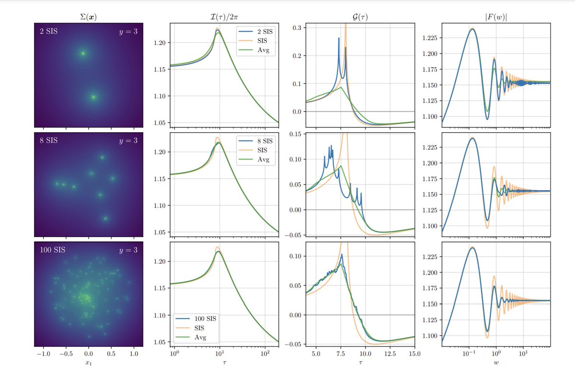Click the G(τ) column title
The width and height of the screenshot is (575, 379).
(361, 17)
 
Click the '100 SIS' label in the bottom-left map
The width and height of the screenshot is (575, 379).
(53, 250)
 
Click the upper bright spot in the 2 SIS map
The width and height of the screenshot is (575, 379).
(83, 54)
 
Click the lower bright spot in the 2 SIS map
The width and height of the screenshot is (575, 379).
(93, 97)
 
